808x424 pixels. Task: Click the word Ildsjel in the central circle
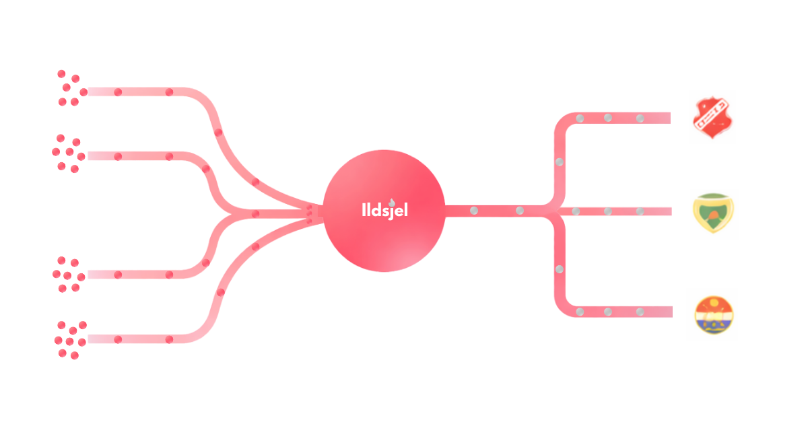point(384,210)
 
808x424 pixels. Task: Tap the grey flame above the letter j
point(392,200)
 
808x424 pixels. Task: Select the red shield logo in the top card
point(711,115)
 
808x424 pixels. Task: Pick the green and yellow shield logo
point(712,213)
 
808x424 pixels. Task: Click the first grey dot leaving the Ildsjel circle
point(474,211)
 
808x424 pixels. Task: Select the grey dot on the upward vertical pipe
point(559,162)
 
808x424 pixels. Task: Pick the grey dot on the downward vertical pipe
point(559,269)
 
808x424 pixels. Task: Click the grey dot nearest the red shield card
point(640,118)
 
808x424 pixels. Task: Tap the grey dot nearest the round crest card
point(640,312)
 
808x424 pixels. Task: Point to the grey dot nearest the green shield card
point(640,211)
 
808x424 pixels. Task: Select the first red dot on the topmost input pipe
point(117,92)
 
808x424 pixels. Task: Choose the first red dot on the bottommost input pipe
point(117,339)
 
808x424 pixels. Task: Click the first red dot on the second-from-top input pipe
point(117,156)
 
